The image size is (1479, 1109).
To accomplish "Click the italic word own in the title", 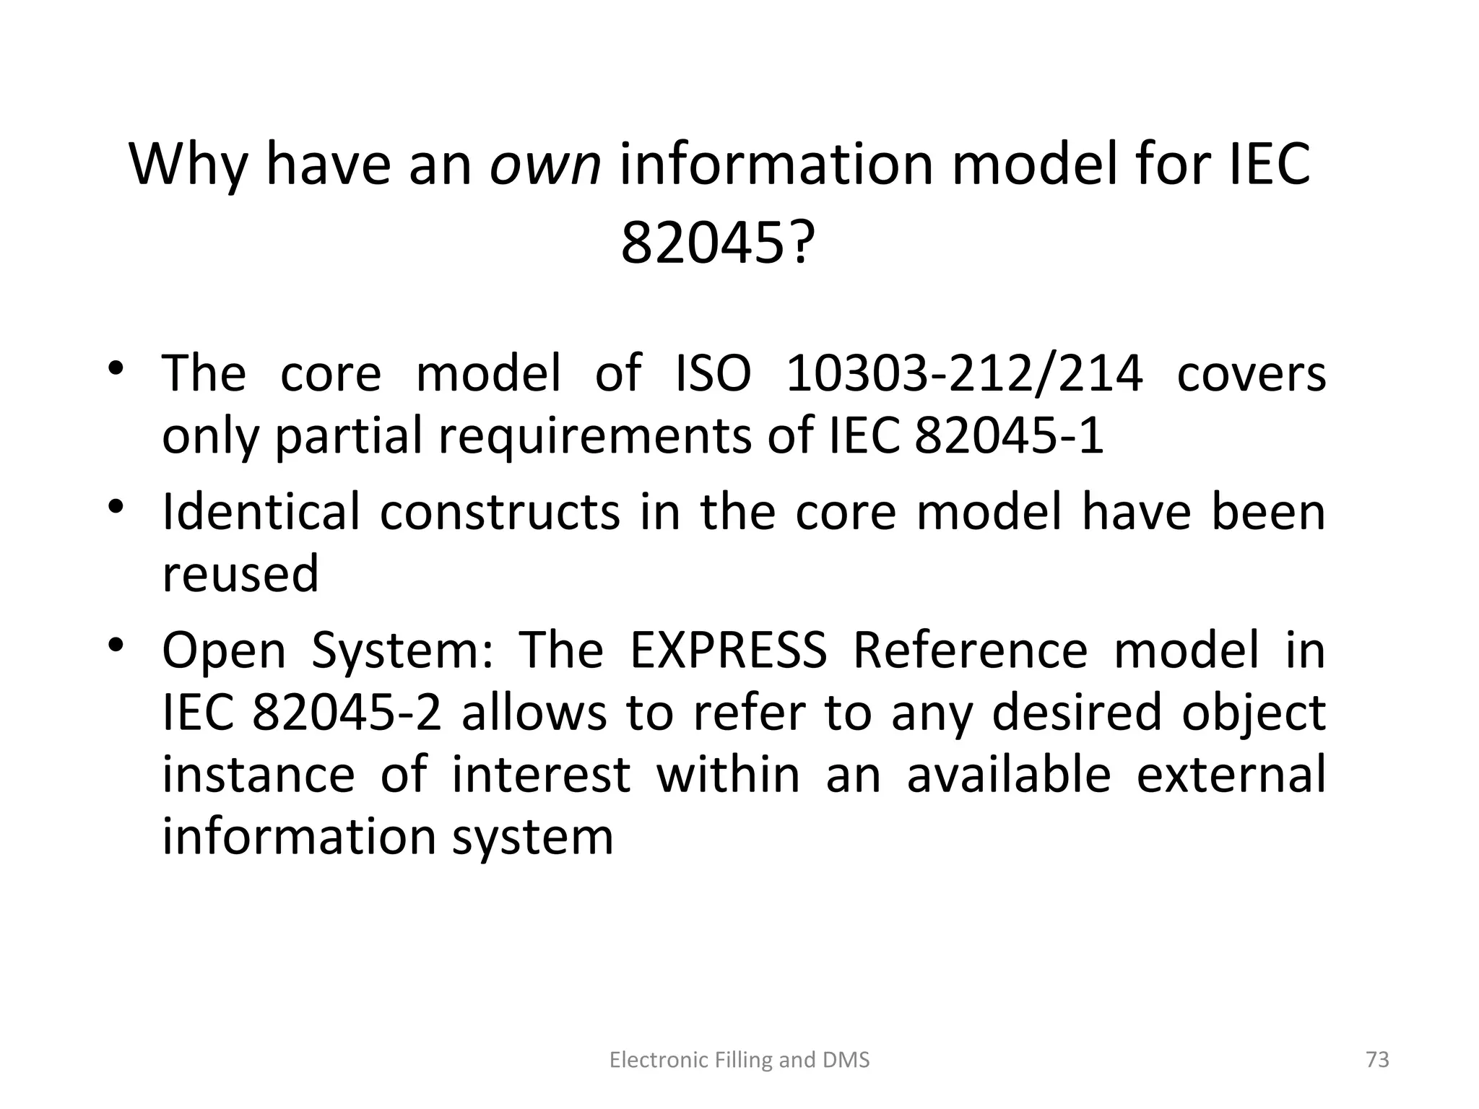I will click(x=545, y=165).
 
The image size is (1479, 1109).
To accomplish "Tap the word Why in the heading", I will click(x=188, y=165).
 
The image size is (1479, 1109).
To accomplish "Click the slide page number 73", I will click(x=1378, y=1059).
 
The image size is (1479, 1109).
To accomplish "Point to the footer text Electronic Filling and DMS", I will click(x=739, y=1060).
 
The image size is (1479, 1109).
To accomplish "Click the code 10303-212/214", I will click(x=964, y=373).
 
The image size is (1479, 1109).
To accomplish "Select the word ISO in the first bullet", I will click(x=713, y=373).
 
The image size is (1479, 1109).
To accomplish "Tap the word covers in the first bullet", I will click(x=1251, y=373).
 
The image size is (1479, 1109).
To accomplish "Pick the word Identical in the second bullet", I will click(x=261, y=512).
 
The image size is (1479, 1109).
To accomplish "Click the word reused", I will click(x=240, y=573).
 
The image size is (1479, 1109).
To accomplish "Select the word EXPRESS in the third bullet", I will click(x=728, y=650).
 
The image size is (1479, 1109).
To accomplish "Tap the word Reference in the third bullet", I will click(x=970, y=650).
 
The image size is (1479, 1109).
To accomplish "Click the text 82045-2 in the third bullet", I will click(x=346, y=712).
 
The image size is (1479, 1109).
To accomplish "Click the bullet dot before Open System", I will click(x=116, y=644).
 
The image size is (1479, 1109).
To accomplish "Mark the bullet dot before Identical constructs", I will click(x=116, y=506).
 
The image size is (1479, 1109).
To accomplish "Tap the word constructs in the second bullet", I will click(x=500, y=512).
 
